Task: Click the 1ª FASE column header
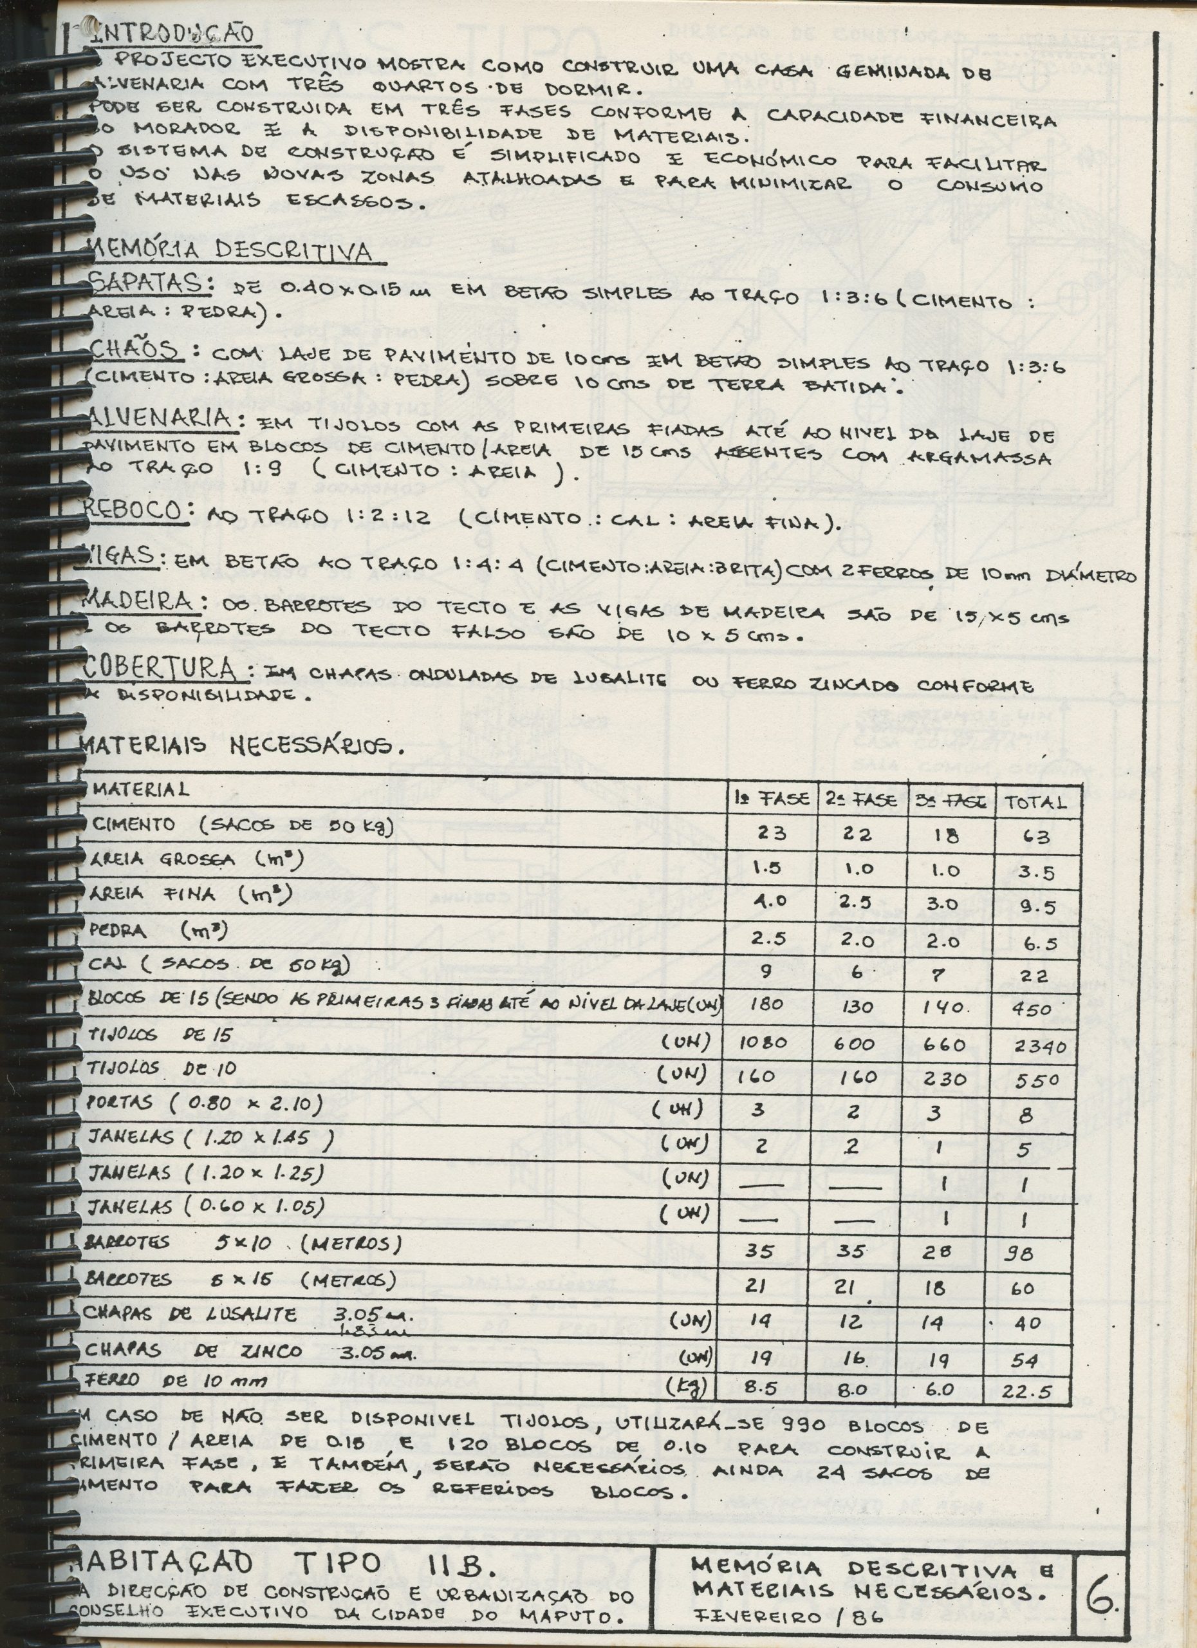(x=772, y=800)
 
